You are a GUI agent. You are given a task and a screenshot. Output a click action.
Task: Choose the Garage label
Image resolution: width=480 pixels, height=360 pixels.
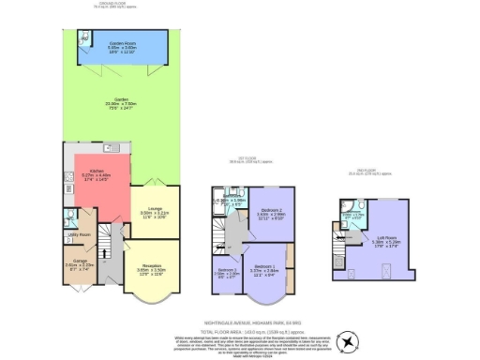(x=76, y=263)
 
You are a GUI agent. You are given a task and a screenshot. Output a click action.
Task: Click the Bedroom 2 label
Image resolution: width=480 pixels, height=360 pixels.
(x=272, y=212)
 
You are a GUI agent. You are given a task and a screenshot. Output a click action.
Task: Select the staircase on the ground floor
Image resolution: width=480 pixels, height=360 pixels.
(x=107, y=246)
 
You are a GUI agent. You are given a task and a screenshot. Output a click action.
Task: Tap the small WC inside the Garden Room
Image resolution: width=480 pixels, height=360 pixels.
(x=85, y=40)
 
